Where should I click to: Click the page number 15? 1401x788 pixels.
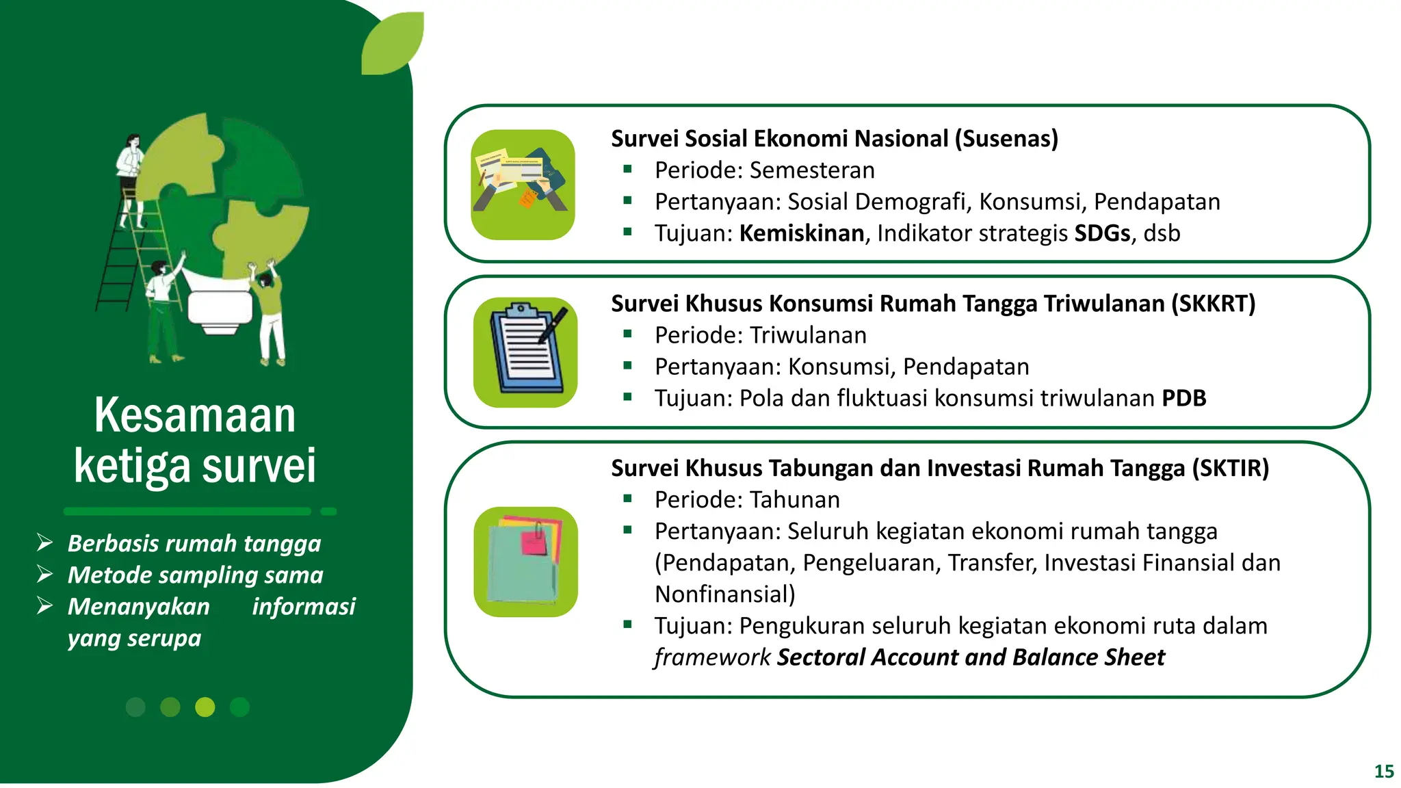[x=1383, y=772]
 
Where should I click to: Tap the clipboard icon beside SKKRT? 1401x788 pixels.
[x=525, y=352]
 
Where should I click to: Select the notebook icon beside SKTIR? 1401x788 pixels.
[x=525, y=562]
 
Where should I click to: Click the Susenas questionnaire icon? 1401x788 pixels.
[x=523, y=185]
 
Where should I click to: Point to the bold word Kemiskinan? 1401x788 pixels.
[x=801, y=233]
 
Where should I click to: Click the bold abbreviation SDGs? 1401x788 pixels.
[x=1101, y=233]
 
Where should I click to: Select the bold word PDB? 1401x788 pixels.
[x=1183, y=398]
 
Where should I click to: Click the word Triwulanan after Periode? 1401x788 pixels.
[x=808, y=335]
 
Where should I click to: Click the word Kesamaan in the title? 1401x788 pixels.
[x=195, y=415]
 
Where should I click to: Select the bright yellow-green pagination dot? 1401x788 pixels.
[x=205, y=707]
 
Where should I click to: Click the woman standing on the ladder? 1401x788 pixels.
[x=131, y=178]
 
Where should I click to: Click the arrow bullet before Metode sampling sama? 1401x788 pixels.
[x=45, y=575]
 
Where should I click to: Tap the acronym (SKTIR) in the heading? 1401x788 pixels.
[x=1230, y=469]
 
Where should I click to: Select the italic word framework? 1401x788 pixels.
[x=712, y=657]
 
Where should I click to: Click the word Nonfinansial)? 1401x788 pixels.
[x=724, y=594]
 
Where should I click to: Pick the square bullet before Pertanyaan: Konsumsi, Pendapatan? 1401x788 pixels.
[x=627, y=365]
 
